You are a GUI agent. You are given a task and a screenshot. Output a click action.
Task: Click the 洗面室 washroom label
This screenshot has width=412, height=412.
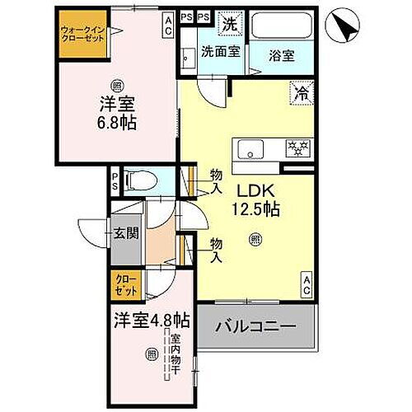(x=220, y=52)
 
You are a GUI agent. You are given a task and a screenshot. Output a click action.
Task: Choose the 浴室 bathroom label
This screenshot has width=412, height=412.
(x=283, y=56)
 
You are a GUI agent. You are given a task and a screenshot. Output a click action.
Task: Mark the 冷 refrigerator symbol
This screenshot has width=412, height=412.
(x=301, y=93)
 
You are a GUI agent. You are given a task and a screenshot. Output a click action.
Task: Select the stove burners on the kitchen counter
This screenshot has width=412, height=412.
(x=296, y=148)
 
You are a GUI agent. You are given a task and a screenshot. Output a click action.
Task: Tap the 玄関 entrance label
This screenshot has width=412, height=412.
(x=127, y=233)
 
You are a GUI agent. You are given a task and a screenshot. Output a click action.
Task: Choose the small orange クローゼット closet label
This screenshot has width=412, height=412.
(x=126, y=286)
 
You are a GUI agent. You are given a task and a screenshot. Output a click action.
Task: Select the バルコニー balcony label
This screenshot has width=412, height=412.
(x=255, y=328)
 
